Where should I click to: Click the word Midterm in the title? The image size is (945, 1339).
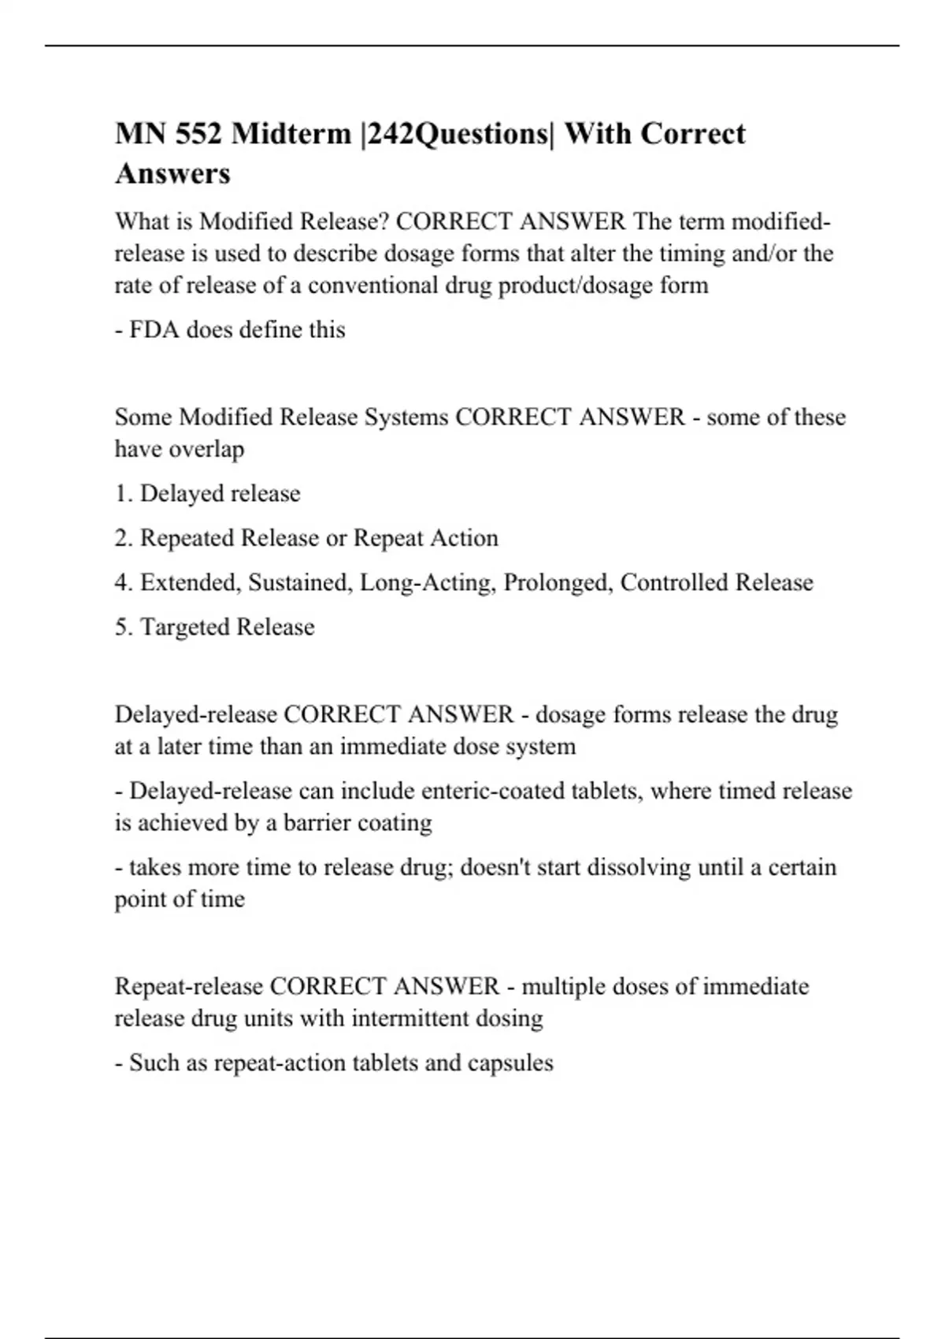pos(291,134)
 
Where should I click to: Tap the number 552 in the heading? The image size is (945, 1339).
pos(199,134)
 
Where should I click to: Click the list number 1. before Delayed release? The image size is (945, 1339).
pos(124,494)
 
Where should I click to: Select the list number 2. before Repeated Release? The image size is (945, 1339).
pos(124,538)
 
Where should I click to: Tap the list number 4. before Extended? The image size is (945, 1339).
pos(124,583)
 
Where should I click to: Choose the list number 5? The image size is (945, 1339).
pos(124,627)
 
